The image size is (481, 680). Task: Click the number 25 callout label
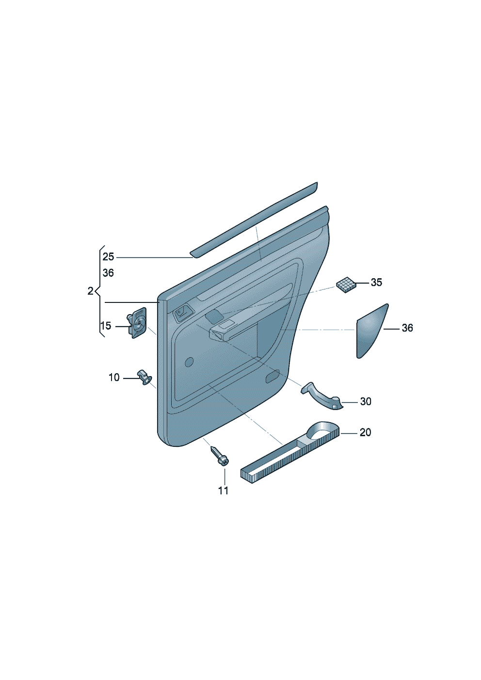108,257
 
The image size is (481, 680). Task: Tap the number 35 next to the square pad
376,282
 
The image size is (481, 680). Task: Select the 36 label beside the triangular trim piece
407,328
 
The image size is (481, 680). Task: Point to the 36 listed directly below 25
108,273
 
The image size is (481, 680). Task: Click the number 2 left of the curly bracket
90,291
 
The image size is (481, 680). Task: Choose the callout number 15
106,326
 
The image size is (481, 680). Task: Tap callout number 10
114,378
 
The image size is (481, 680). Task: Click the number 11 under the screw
223,491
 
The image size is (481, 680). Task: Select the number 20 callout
365,432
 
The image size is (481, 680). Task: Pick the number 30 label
366,401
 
